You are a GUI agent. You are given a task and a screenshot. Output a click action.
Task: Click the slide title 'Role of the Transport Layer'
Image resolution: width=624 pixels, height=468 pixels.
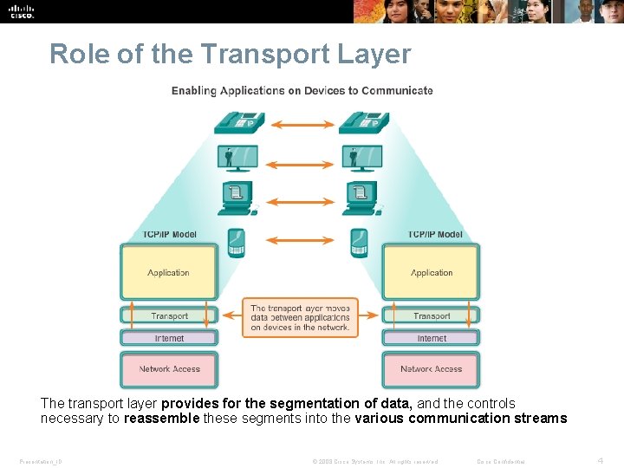230,54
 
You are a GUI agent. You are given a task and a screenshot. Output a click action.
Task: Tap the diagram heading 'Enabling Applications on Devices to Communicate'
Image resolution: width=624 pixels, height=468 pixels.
302,91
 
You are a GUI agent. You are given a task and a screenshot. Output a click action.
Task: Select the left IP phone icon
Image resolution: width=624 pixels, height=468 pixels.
236,123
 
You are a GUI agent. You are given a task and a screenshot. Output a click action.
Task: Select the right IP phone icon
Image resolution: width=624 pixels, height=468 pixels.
358,123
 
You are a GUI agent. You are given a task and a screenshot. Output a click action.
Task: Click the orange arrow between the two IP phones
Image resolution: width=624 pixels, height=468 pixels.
301,125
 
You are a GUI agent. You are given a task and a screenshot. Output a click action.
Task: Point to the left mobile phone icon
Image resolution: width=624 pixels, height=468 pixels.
236,243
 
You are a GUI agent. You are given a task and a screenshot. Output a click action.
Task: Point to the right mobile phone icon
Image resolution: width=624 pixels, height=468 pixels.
358,243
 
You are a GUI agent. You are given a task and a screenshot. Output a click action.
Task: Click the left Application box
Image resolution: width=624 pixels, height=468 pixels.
168,272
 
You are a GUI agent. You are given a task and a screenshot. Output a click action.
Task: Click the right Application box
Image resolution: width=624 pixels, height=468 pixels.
432,272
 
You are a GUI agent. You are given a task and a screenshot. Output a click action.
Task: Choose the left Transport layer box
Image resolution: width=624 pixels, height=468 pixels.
168,315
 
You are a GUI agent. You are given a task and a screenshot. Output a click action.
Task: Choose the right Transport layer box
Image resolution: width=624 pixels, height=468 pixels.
432,315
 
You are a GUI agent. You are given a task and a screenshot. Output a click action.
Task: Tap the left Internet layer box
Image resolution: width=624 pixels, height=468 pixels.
168,338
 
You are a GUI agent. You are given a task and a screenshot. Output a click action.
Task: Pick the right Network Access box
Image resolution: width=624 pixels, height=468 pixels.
432,369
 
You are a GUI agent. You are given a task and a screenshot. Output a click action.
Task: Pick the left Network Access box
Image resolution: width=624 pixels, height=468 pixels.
168,369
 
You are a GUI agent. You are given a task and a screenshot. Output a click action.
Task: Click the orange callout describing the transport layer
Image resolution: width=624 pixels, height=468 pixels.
301,317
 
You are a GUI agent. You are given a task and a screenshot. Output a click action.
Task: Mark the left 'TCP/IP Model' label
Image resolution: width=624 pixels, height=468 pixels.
170,234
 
